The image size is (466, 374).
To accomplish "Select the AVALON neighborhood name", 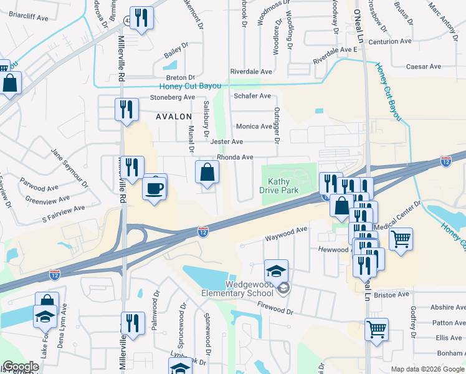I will coord(174,116).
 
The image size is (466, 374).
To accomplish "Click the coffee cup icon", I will coord(155,186).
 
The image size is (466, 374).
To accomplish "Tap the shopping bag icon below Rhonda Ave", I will coord(207,173).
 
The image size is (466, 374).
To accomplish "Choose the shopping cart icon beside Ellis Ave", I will coord(376,329).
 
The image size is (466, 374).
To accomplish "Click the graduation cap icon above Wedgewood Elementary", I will coord(276,272).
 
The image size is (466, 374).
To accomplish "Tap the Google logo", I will coord(21,367).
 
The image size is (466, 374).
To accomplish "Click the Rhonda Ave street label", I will coord(235,158).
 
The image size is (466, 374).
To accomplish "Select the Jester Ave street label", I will coord(227,142).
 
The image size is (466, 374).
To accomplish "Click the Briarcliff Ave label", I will coord(29,18).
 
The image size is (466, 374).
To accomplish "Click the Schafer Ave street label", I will coord(252,96).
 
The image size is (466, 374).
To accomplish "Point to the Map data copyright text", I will coord(427,369).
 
